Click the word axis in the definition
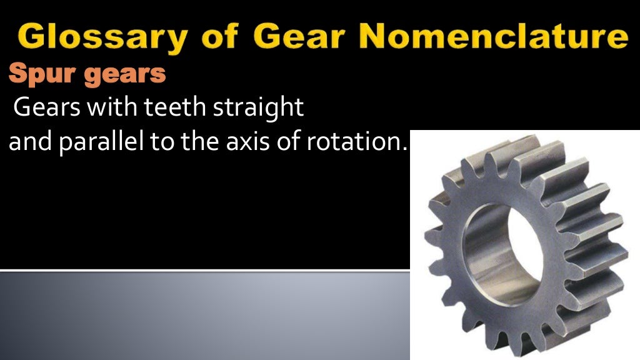click(x=250, y=144)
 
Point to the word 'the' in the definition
click(x=199, y=144)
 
